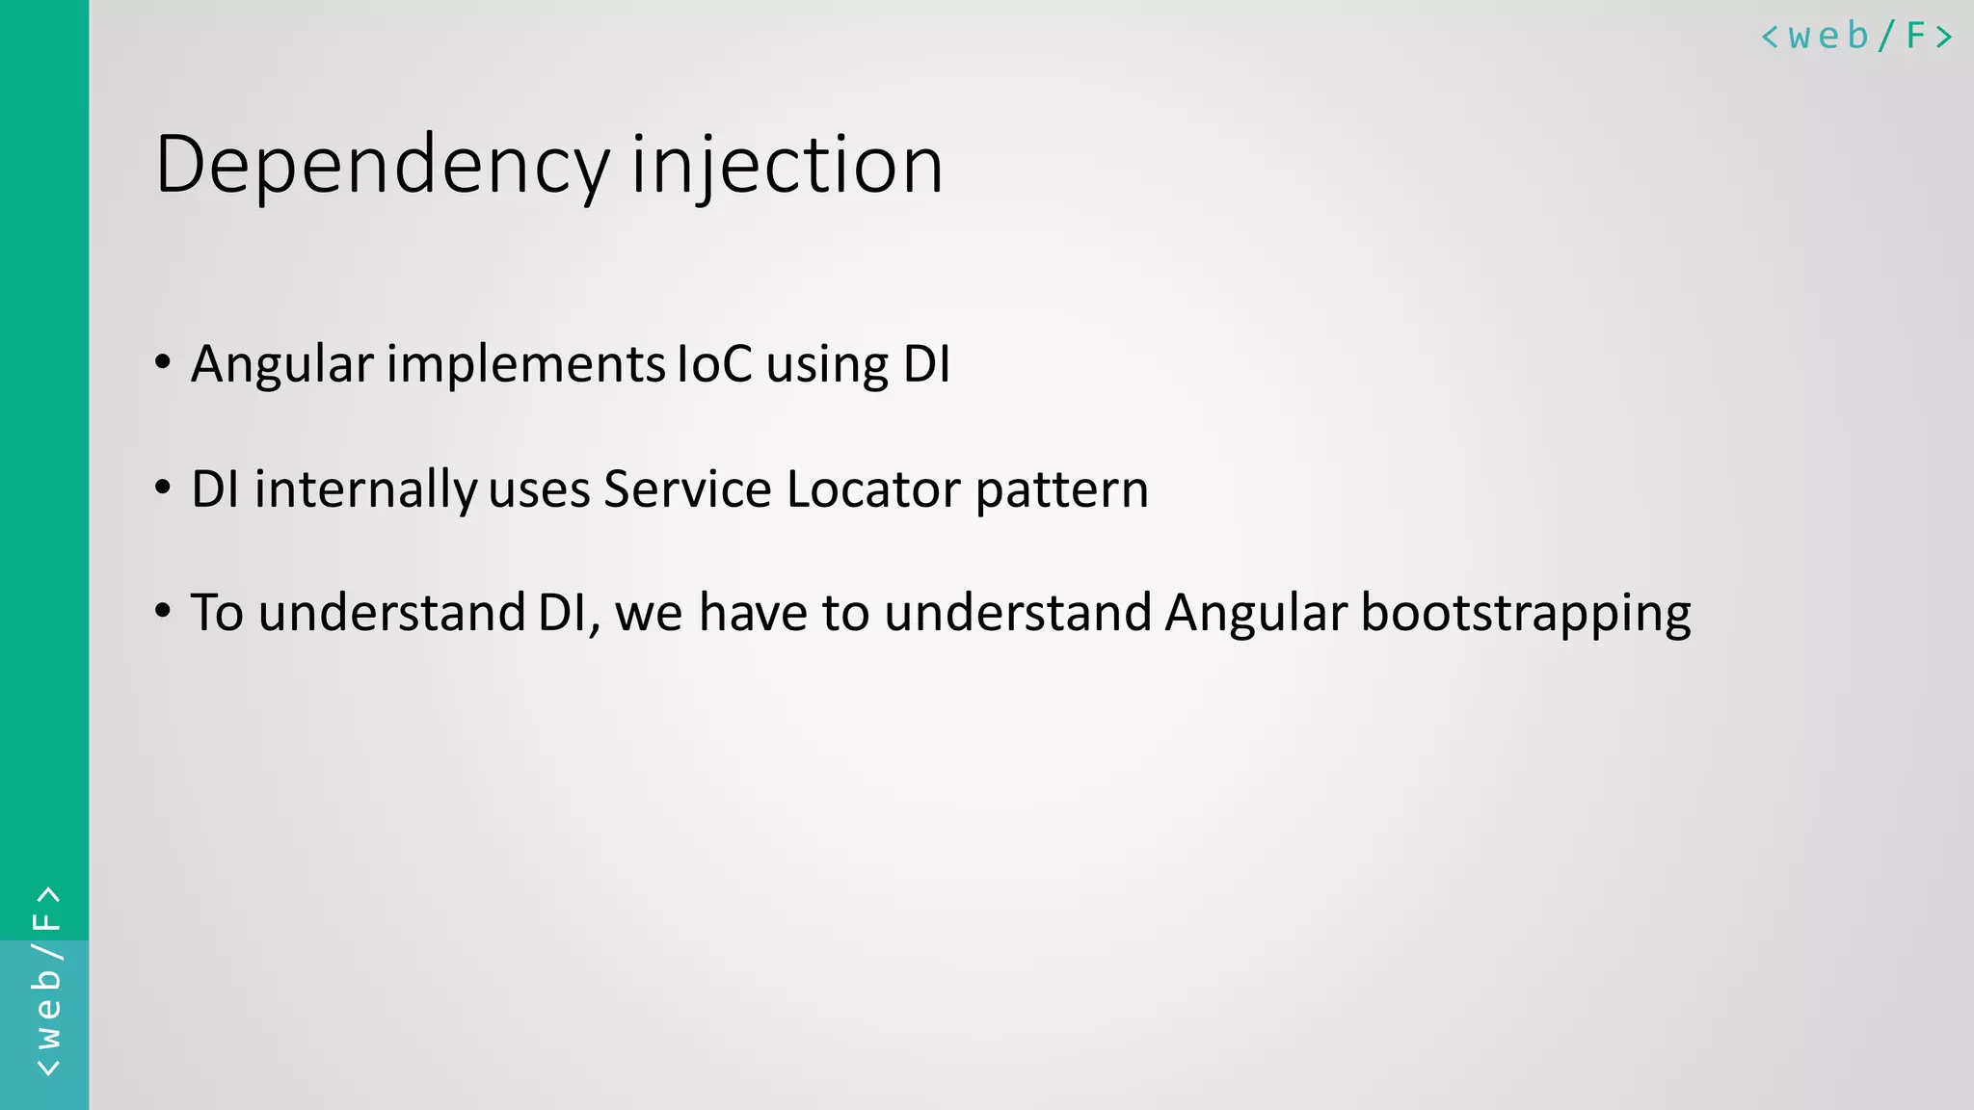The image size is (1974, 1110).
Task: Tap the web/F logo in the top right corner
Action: point(1856,37)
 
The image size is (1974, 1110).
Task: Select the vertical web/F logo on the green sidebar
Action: point(46,981)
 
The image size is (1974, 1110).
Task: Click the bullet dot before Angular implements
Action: point(163,363)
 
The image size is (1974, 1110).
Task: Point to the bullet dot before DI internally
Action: point(163,488)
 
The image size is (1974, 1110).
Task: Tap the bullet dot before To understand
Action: point(163,611)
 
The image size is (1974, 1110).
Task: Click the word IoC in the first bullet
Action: point(714,364)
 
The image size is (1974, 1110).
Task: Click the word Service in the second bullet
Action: point(687,489)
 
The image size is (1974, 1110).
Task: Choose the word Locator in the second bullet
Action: point(873,489)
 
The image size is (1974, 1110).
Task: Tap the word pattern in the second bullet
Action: point(1061,490)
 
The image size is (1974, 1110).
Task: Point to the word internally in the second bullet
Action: point(365,490)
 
